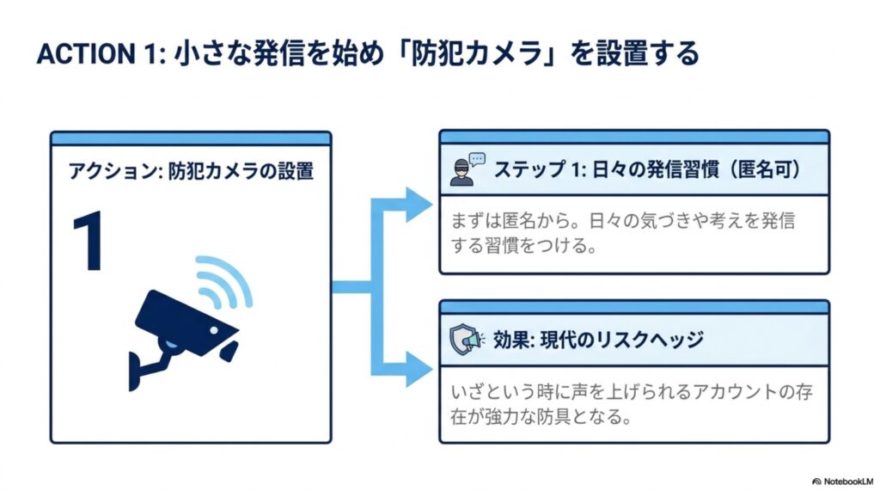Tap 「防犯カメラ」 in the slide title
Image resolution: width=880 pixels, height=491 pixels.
coord(478,53)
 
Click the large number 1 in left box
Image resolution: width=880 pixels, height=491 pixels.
coord(89,242)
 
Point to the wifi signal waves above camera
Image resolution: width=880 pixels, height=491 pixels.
coord(224,281)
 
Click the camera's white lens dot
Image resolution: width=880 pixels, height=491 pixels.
coord(214,331)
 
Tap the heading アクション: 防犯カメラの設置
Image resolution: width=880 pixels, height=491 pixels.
coord(191,171)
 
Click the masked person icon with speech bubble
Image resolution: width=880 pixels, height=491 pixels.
coord(467,169)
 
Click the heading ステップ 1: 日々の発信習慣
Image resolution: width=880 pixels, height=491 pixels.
coord(606,169)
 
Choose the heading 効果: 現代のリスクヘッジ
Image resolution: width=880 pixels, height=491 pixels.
coord(598,340)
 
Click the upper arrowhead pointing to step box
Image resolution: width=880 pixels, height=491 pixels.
coord(419,205)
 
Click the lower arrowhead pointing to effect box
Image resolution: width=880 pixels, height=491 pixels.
coord(419,369)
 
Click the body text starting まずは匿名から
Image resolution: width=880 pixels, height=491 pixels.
coord(623,232)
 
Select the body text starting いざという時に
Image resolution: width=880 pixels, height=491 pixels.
coord(632,404)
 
